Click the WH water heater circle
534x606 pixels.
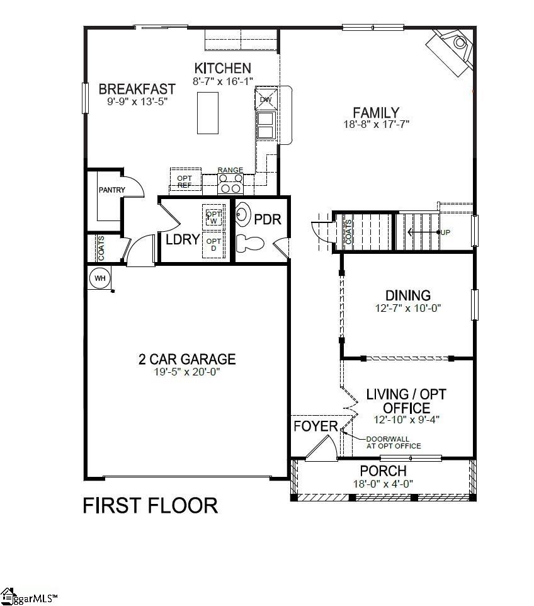point(99,277)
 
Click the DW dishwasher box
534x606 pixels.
point(265,100)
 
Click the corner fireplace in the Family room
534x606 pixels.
point(452,50)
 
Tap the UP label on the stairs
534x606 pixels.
point(445,232)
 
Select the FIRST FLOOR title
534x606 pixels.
point(151,505)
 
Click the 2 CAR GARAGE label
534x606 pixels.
point(187,359)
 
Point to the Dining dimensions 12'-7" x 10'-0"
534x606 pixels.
point(408,309)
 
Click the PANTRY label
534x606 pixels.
point(112,190)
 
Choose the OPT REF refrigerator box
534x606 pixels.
point(185,181)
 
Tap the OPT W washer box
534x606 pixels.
point(213,217)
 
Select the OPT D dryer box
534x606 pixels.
point(213,245)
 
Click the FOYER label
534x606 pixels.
point(315,426)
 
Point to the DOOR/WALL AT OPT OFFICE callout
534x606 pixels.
point(394,443)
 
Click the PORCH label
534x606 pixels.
point(383,471)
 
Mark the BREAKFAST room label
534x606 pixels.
point(137,89)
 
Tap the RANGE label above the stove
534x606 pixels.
point(230,170)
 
